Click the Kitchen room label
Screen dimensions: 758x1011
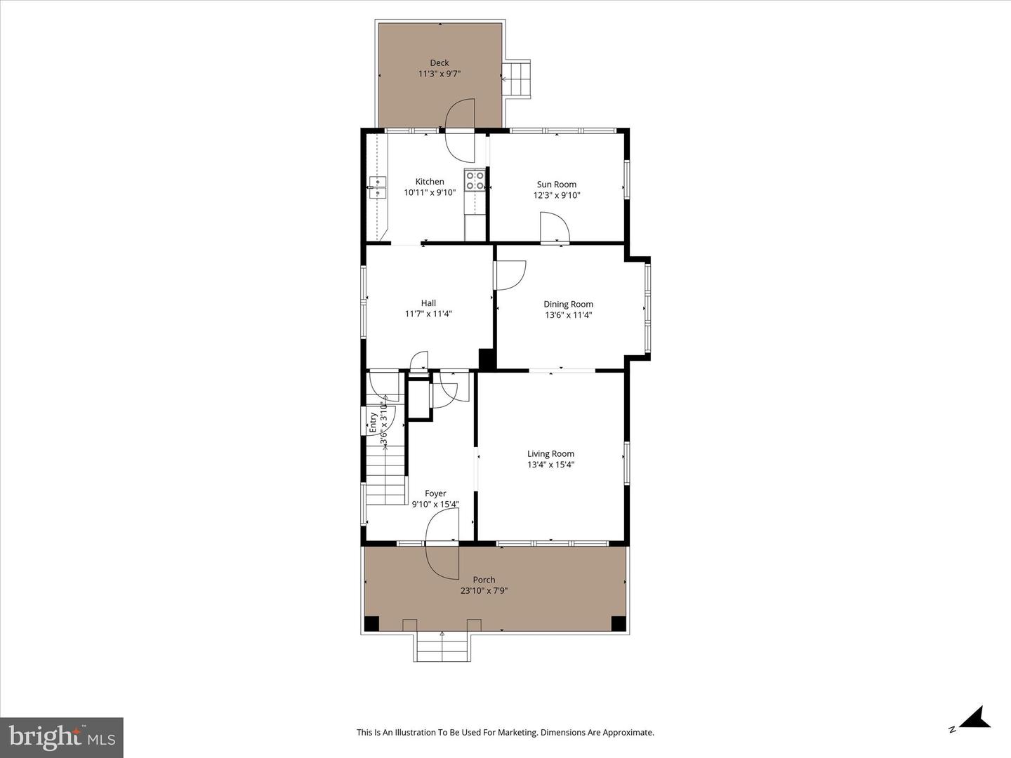pos(429,182)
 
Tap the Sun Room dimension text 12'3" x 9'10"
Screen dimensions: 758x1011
pos(556,196)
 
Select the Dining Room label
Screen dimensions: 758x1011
pos(568,305)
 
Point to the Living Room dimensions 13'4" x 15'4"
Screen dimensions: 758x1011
pos(550,465)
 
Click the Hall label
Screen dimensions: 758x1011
pos(428,303)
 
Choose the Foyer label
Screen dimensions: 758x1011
pos(435,493)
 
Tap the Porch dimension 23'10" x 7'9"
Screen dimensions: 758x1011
pos(484,591)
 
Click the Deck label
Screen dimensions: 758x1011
pos(440,63)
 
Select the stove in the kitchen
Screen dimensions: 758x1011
pos(475,180)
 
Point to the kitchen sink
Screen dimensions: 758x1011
pos(378,183)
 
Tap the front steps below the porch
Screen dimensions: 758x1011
pos(442,646)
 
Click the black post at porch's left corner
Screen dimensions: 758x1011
pos(371,623)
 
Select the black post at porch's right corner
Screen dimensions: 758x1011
pos(618,623)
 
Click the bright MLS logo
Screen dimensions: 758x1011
pos(62,737)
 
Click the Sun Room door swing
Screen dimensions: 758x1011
pos(554,228)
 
